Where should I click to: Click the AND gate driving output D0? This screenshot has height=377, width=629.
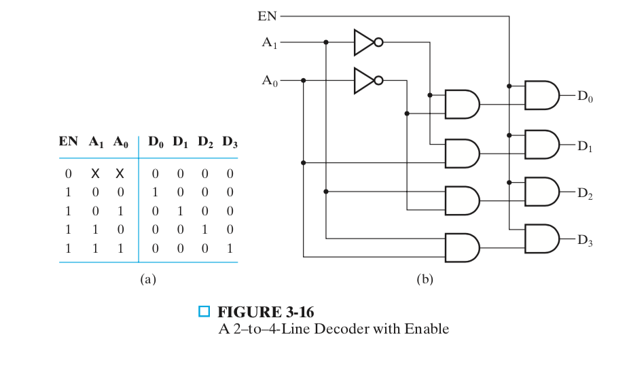coord(541,96)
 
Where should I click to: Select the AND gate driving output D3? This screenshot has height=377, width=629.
coord(541,238)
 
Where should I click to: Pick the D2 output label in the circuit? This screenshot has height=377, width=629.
coord(585,193)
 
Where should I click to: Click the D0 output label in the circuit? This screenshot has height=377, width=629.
coord(585,97)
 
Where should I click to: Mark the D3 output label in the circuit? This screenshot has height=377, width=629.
coord(585,240)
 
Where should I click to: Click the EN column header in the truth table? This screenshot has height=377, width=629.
coord(68,143)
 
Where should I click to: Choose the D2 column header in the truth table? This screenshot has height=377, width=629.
coord(206,143)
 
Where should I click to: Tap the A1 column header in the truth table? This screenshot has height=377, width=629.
coord(96,143)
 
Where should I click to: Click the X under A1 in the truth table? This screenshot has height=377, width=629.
coord(96,174)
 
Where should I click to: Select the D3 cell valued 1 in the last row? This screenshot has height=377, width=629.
coord(230,249)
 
